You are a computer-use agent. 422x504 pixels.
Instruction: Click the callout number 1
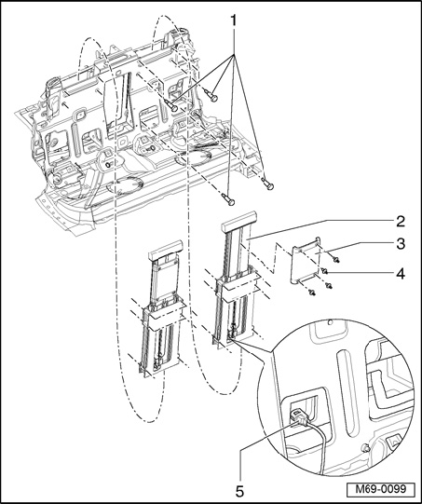click(x=234, y=21)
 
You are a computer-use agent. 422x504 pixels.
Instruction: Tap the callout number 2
click(x=401, y=222)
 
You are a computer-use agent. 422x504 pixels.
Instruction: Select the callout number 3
click(x=401, y=244)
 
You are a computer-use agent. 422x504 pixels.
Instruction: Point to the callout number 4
click(x=401, y=274)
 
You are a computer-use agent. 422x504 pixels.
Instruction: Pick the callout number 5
click(x=239, y=491)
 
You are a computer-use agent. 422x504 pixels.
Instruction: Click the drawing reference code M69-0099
click(x=380, y=489)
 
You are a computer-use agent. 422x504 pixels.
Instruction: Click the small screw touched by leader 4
click(x=324, y=272)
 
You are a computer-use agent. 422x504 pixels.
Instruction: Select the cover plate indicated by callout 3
click(x=306, y=260)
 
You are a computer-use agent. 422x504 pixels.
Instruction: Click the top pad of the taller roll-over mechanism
click(x=238, y=221)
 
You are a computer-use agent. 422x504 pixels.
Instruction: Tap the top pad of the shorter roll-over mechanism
click(x=166, y=250)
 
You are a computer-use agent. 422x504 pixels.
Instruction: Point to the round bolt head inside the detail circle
click(x=365, y=448)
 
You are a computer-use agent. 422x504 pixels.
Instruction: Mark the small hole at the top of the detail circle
click(x=329, y=321)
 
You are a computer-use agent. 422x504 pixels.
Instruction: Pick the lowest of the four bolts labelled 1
click(x=229, y=199)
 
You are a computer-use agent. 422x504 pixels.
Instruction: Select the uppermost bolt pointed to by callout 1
click(x=211, y=95)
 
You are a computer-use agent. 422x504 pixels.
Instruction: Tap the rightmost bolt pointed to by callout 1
click(x=266, y=184)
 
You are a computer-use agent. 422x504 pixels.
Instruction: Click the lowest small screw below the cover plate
click(x=311, y=292)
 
